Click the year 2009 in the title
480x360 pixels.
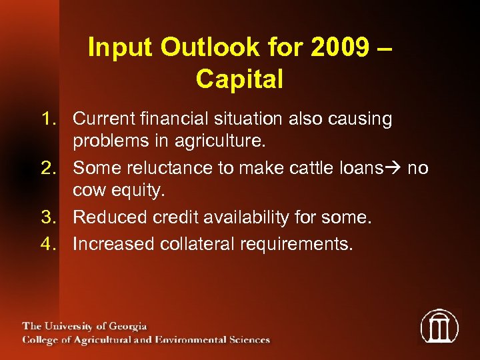click(349, 47)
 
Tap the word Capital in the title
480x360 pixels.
click(239, 79)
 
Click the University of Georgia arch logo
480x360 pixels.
click(439, 327)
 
